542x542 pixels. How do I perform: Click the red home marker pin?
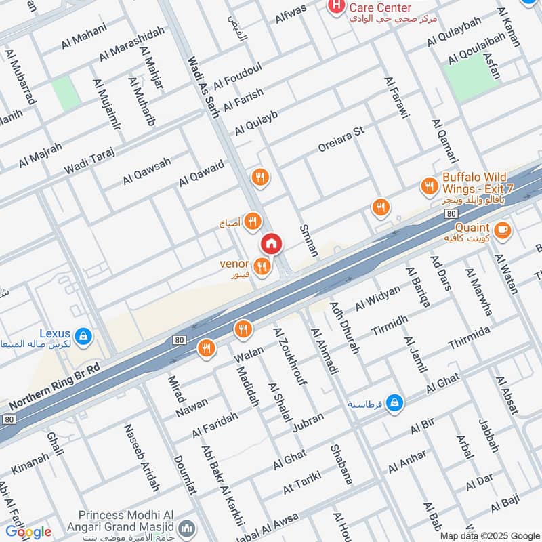coord(271,243)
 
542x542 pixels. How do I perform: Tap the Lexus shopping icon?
coord(84,335)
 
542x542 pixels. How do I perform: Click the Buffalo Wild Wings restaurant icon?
coord(428,186)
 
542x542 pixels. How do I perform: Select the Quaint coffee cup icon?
coord(502,230)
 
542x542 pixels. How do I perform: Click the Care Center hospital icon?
coord(335,7)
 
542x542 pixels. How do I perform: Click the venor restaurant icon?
coord(263,267)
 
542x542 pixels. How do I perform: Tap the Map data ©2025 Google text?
coord(489,535)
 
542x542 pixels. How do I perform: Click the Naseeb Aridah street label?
coord(142,457)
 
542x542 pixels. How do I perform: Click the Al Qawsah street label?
coord(146,171)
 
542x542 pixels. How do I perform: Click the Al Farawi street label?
coord(397,100)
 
